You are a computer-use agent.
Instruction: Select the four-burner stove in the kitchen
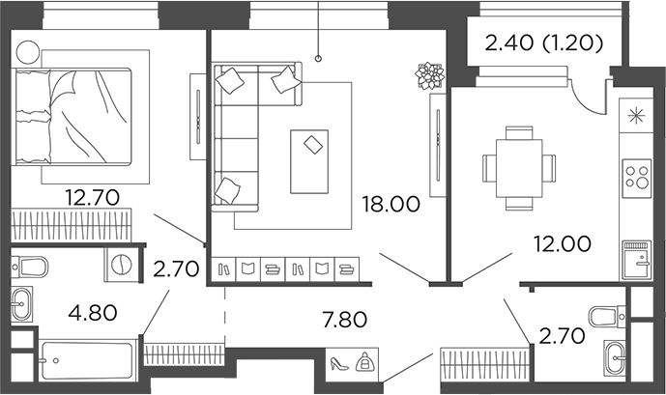[x=636, y=177]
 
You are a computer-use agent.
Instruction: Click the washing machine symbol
[x=122, y=264]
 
